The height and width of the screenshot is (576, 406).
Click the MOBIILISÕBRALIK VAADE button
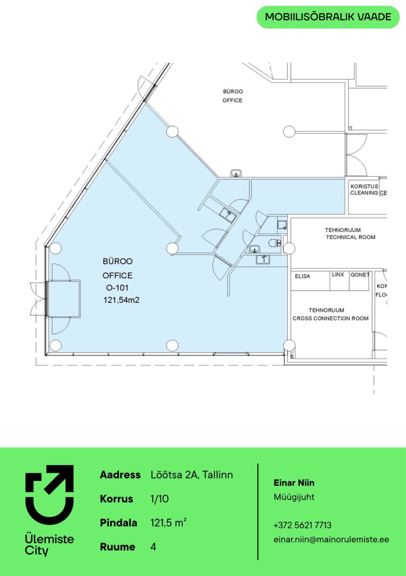point(328,17)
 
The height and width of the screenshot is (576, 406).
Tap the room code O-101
point(117,288)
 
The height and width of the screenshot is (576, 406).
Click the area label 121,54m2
point(121,300)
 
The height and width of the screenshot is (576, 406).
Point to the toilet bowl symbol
point(274,243)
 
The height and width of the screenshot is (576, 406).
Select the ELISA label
point(302,276)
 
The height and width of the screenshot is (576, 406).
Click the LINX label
point(338,274)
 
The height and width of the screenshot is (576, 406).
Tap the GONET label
point(360,274)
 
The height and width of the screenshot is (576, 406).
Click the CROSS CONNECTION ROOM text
point(330,318)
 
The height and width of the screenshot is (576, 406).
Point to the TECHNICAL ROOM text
point(351,237)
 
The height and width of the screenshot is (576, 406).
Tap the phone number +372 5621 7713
point(302,525)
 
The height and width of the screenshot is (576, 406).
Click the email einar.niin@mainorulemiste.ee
point(331,539)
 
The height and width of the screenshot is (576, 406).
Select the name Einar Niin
point(294,483)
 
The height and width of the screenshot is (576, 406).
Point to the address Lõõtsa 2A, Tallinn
point(192,475)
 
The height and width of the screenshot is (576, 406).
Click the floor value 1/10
point(159,499)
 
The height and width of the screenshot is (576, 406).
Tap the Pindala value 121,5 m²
point(168,523)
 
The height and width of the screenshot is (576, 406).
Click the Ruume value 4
point(153,547)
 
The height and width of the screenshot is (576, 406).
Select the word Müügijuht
point(294,497)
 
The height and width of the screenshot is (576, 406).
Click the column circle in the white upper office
point(289,132)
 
